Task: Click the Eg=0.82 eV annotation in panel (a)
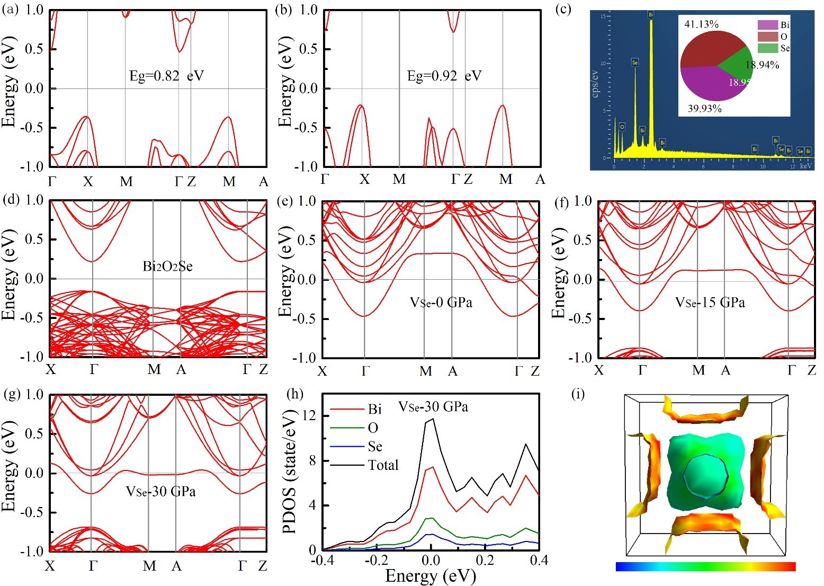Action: tap(166, 76)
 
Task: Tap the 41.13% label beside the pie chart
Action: tap(701, 24)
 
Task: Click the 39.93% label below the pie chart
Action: tap(704, 109)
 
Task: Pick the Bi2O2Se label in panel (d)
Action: tap(167, 266)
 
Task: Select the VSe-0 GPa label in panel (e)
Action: tap(441, 303)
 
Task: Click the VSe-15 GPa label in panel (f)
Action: tap(710, 303)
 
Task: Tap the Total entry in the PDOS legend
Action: tap(383, 465)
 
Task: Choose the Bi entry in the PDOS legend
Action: tap(374, 409)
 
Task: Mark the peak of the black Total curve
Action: tap(433, 419)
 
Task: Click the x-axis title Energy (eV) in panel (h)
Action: tap(431, 576)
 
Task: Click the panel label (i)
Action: tap(579, 394)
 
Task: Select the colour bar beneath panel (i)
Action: tap(705, 566)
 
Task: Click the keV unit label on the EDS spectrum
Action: tap(805, 166)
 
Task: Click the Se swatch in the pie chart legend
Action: tap(768, 48)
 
